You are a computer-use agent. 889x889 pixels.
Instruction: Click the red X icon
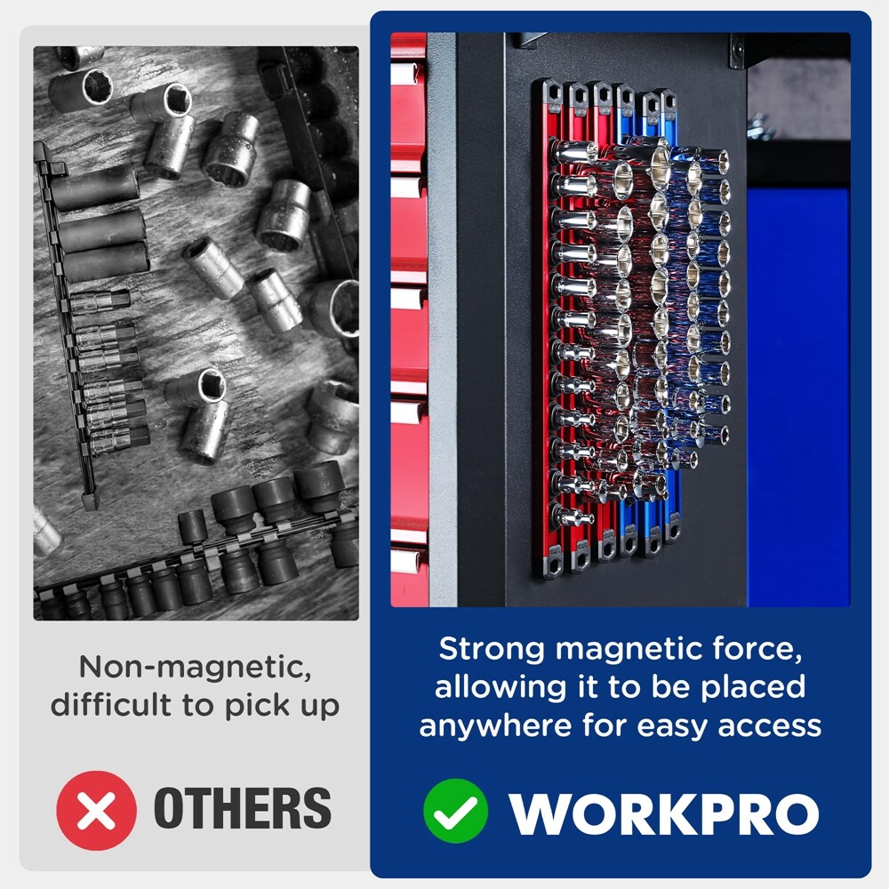pos(96,810)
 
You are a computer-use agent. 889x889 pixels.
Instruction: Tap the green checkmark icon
pos(455,810)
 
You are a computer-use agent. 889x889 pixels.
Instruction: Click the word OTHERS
pos(243,808)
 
